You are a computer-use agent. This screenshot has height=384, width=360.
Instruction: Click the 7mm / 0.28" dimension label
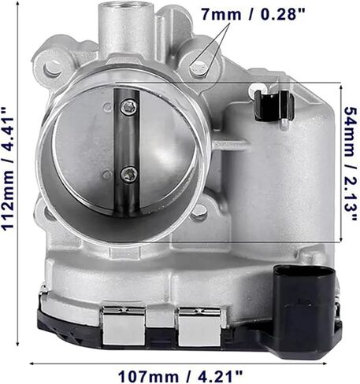254,14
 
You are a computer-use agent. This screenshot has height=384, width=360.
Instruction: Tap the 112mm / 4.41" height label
8,168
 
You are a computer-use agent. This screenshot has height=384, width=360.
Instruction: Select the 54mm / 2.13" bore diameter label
351,164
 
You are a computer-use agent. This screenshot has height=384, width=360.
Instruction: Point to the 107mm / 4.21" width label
180,376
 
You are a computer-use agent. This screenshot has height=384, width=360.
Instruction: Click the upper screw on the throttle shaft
129,107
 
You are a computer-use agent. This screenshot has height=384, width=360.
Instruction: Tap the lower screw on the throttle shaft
129,174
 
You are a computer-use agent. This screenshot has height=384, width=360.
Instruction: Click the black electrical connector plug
306,309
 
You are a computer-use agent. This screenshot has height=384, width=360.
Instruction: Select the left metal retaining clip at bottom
124,325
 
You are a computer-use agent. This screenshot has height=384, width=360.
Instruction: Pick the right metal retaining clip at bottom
199,326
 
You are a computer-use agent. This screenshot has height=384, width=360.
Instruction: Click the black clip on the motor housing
273,105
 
